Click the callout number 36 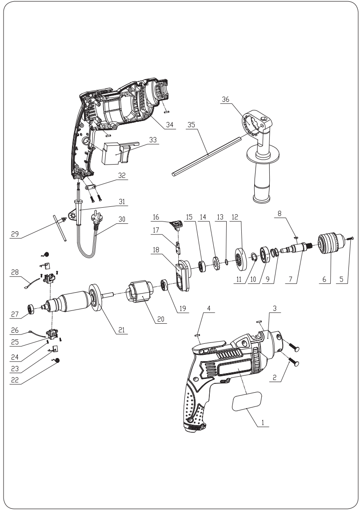[x=226, y=101]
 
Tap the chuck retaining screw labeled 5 [x=351, y=240]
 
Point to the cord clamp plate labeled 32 [x=96, y=186]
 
